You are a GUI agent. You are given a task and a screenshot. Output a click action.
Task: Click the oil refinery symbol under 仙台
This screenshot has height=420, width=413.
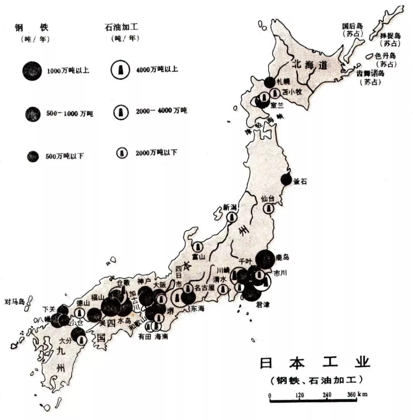coord(268,208)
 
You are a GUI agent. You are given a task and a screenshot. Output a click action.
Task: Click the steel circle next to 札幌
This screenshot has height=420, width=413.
coord(270,82)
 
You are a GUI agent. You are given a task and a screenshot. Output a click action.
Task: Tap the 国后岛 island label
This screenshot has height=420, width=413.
coord(352,26)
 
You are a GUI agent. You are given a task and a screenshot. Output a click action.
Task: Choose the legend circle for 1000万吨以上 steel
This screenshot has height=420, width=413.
coord(32,70)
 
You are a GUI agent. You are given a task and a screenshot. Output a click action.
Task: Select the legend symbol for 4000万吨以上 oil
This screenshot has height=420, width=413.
coord(121,70)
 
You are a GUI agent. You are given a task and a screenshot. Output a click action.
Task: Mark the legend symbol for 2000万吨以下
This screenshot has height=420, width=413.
coord(122,153)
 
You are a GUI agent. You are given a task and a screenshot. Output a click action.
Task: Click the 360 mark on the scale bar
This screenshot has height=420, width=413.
coord(351,394)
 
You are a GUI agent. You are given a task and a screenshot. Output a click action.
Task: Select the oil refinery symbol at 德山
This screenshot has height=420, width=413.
coord(79,314)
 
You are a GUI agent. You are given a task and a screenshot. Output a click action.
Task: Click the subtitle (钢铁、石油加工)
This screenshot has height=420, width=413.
coord(315,380)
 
